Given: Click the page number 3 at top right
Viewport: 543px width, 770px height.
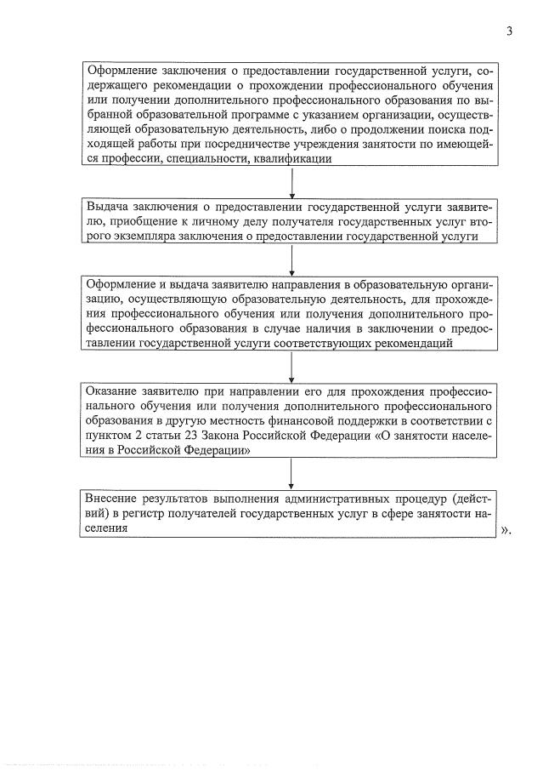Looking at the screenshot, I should point(509,31).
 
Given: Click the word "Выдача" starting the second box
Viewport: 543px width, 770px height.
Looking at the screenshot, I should point(107,206).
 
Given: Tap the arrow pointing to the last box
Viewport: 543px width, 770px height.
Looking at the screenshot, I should point(291,473).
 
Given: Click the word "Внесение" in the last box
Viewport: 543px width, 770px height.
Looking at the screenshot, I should point(115,498).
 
